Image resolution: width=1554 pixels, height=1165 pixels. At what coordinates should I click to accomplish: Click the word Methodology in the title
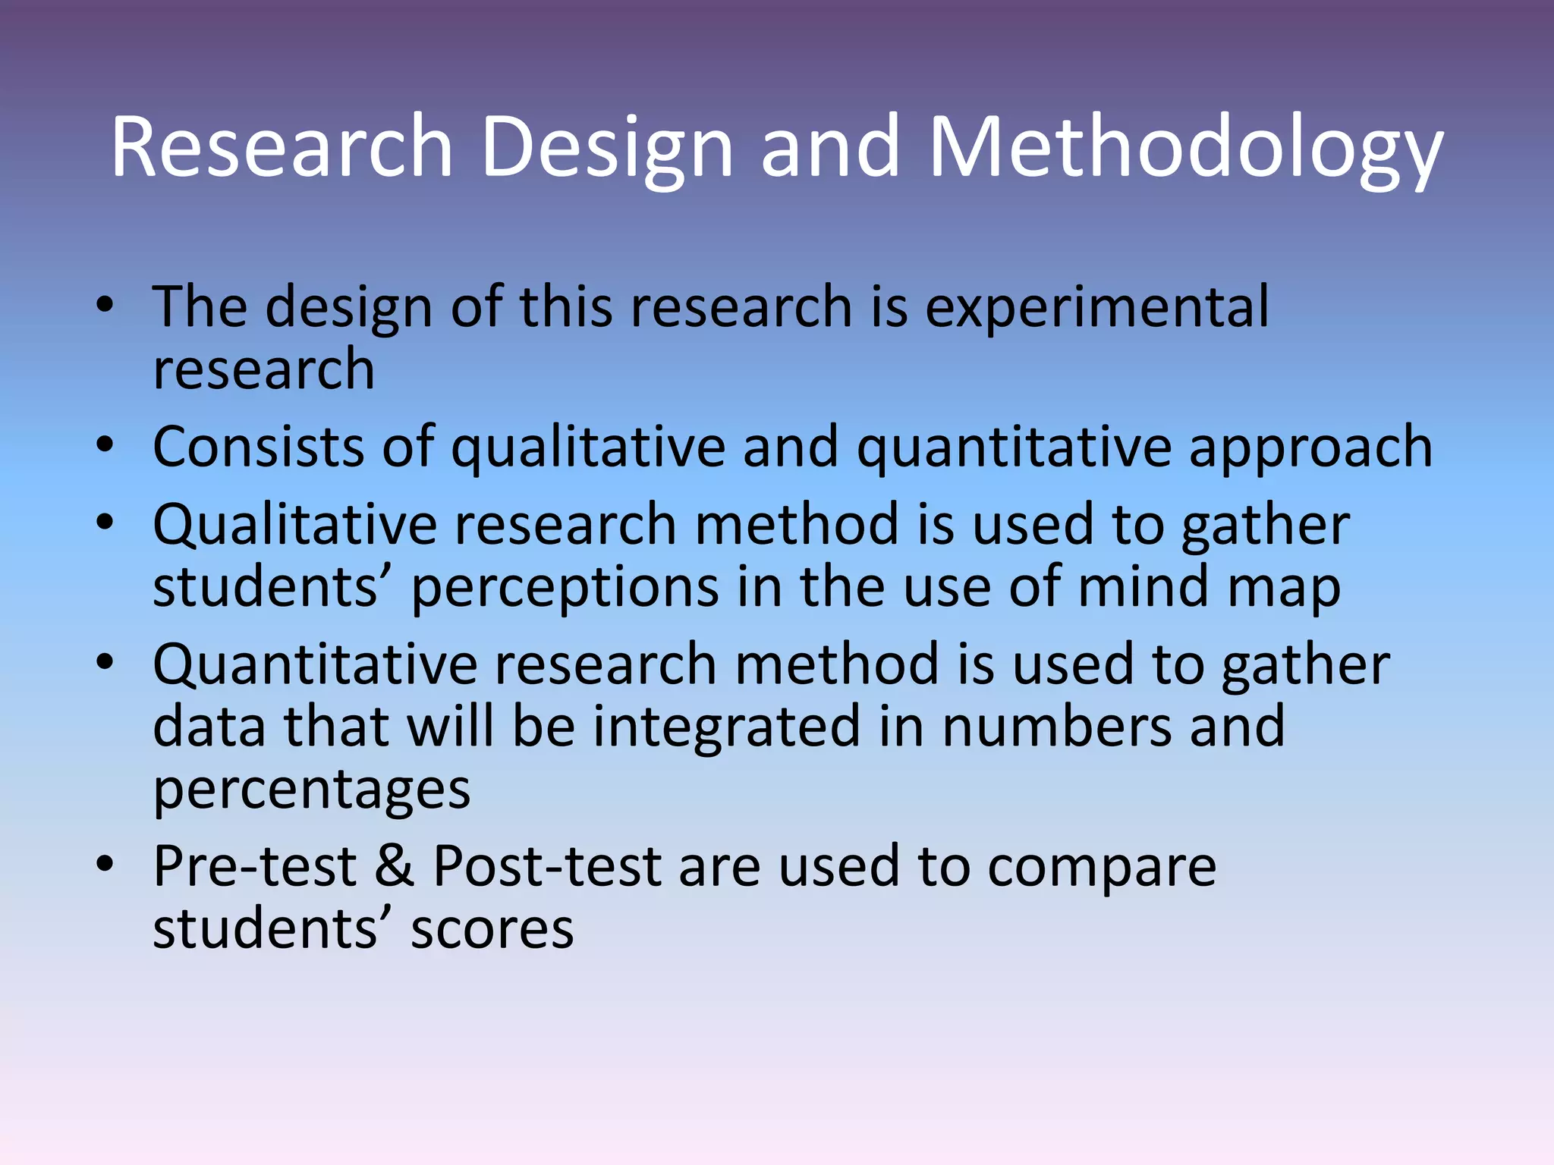pyautogui.click(x=1185, y=148)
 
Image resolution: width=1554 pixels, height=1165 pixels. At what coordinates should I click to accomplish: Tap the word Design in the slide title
pyautogui.click(x=607, y=148)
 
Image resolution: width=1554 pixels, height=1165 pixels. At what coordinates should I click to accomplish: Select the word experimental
pyautogui.click(x=1096, y=307)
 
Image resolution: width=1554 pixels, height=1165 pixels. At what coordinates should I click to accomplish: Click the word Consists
pyautogui.click(x=256, y=447)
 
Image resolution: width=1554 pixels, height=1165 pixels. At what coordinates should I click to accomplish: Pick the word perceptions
pyautogui.click(x=565, y=589)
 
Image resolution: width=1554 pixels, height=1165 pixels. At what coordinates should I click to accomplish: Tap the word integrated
pyautogui.click(x=726, y=727)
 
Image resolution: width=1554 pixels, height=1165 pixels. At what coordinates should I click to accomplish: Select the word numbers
pyautogui.click(x=1056, y=727)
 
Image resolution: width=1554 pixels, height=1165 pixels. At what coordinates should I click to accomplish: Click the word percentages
pyautogui.click(x=312, y=791)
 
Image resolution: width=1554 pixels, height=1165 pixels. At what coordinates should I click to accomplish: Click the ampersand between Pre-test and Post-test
pyautogui.click(x=395, y=866)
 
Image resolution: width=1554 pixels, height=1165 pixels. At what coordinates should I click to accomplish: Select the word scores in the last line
pyautogui.click(x=492, y=930)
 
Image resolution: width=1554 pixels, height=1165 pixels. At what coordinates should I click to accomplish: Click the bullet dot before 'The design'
pyautogui.click(x=105, y=306)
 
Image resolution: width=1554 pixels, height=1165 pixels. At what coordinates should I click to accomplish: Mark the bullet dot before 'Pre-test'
pyautogui.click(x=105, y=864)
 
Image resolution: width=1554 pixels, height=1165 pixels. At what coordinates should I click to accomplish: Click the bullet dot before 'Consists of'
pyautogui.click(x=105, y=445)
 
